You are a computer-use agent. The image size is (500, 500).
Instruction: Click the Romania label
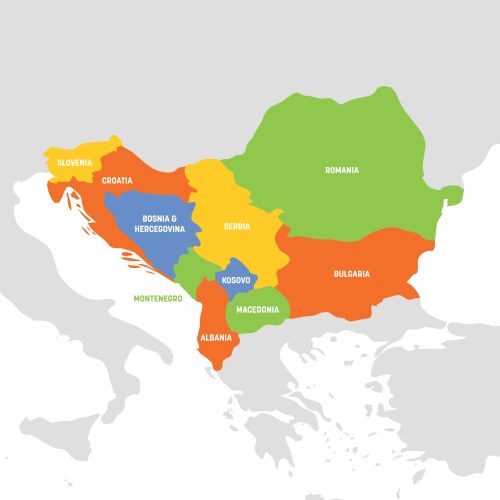pyautogui.click(x=341, y=170)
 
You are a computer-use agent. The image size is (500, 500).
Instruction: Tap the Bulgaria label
pyautogui.click(x=351, y=273)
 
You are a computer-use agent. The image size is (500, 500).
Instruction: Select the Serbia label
pyautogui.click(x=237, y=227)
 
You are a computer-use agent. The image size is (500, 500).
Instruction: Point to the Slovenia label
pyautogui.click(x=74, y=162)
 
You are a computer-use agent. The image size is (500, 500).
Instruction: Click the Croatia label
pyautogui.click(x=116, y=181)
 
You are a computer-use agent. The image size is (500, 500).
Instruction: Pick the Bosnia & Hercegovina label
pyautogui.click(x=160, y=218)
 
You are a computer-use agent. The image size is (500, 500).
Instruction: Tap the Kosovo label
pyautogui.click(x=236, y=280)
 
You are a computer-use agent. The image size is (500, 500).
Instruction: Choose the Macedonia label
pyautogui.click(x=258, y=309)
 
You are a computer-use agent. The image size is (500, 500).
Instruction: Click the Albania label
pyautogui.click(x=217, y=337)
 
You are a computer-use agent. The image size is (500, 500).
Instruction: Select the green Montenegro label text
pyautogui.click(x=159, y=298)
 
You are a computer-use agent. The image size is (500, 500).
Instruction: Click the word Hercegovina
pyautogui.click(x=160, y=228)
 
